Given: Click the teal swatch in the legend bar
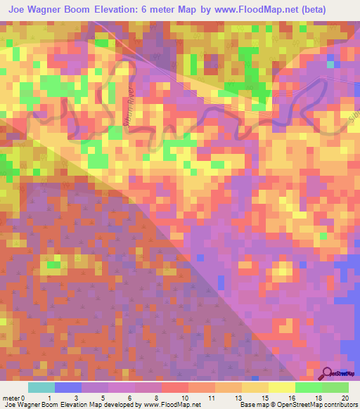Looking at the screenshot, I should pyautogui.click(x=41, y=387).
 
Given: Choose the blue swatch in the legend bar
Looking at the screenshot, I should pyautogui.click(x=68, y=387).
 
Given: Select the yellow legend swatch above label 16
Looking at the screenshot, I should pyautogui.click(x=282, y=387).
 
